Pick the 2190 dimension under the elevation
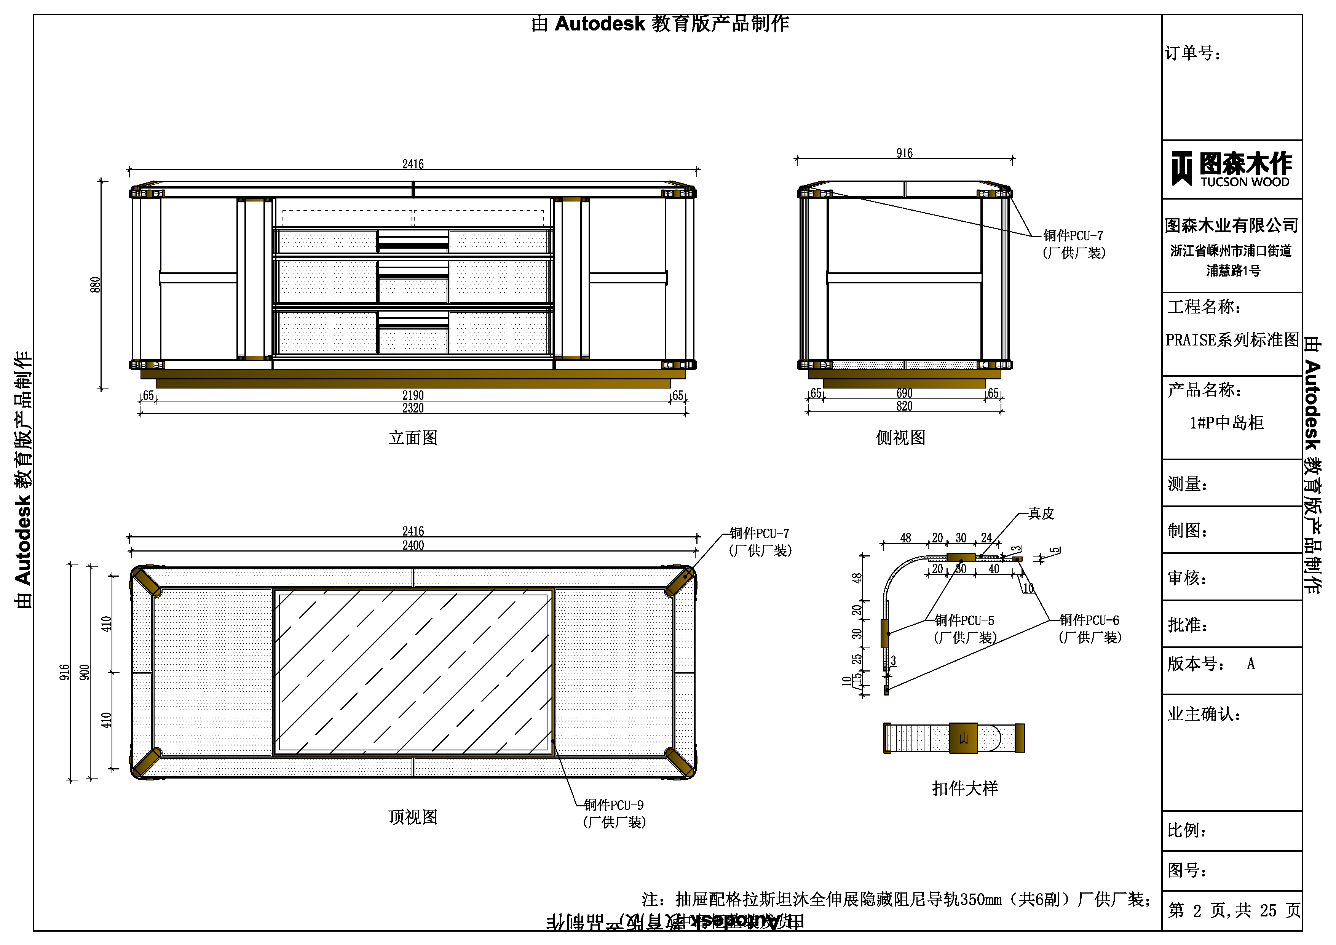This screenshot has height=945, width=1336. pyautogui.click(x=413, y=395)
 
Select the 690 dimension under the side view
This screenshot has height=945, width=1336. pyautogui.click(x=904, y=393)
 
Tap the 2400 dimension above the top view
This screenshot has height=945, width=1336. pyautogui.click(x=413, y=545)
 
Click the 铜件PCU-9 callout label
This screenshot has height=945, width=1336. pyautogui.click(x=613, y=805)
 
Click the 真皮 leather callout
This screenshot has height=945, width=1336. pyautogui.click(x=1041, y=513)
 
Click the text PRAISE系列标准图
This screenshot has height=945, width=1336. pyautogui.click(x=1232, y=340)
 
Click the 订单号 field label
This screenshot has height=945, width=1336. pyautogui.click(x=1193, y=54)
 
